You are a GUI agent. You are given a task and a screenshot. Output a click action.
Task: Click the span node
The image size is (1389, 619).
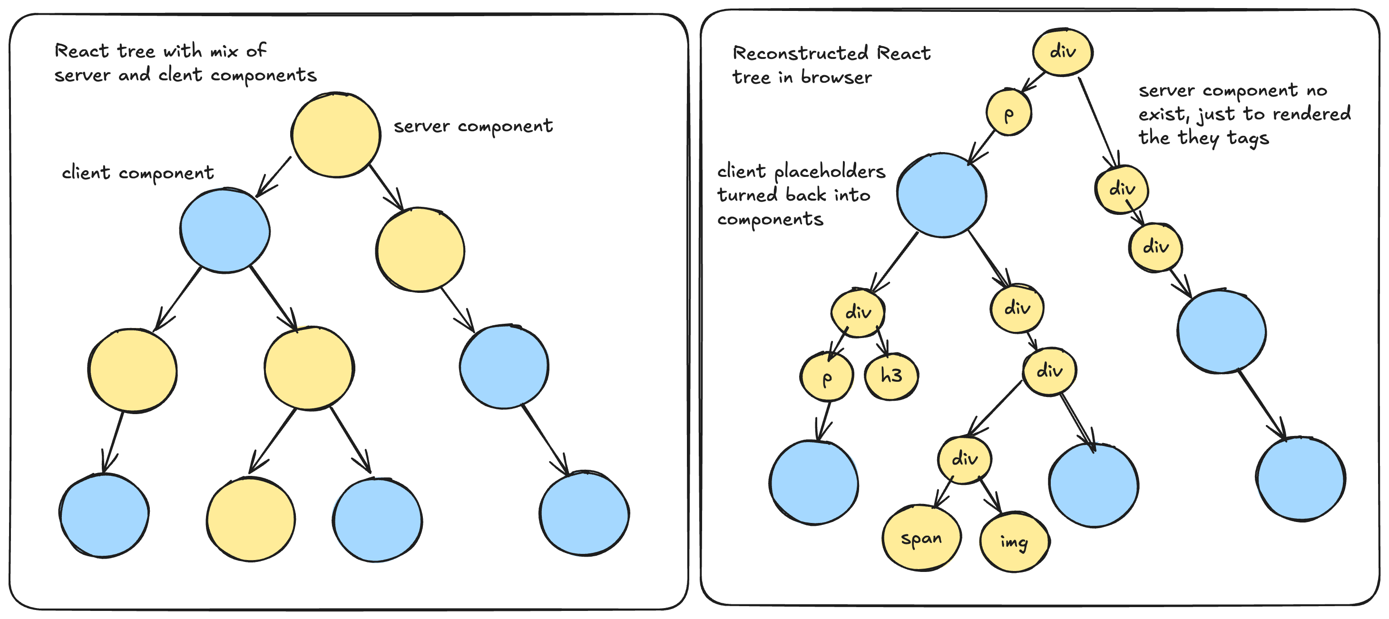tap(921, 538)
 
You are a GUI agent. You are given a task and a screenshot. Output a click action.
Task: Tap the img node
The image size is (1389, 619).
tap(1014, 542)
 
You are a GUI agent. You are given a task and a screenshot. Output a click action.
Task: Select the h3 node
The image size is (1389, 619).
tap(891, 376)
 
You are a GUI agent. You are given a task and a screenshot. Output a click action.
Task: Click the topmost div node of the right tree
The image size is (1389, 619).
tap(1062, 52)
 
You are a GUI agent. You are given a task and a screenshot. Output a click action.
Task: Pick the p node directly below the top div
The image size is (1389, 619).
tap(1008, 113)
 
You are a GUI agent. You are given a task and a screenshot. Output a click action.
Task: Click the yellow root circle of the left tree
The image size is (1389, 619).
tap(335, 135)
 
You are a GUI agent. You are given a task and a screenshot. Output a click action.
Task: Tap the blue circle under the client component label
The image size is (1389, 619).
tap(225, 231)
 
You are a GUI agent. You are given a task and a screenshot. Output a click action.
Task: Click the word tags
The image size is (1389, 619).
tap(1248, 138)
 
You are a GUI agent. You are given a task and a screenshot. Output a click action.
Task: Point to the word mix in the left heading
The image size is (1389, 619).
tap(224, 51)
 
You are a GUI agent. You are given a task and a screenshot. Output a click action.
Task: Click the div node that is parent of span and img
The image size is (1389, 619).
tap(964, 459)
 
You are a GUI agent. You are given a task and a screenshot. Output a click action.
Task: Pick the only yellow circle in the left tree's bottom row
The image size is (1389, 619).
tap(251, 519)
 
